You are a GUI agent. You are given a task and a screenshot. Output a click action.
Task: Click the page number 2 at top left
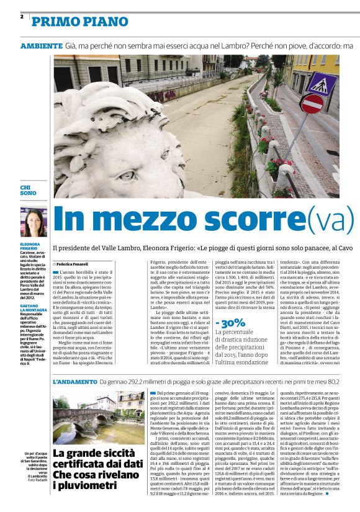point(22,16)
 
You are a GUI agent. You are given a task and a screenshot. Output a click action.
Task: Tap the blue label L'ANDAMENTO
point(74,381)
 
